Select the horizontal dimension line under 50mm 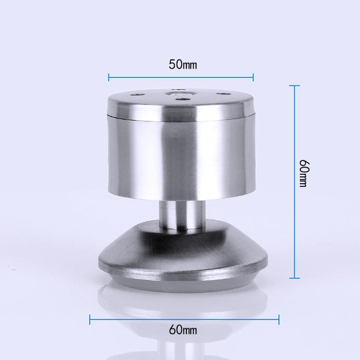[181, 76]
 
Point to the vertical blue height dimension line [294, 181]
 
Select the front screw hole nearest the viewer [181, 100]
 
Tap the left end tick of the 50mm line [109, 76]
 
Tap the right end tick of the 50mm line [253, 76]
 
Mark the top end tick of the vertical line [294, 85]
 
